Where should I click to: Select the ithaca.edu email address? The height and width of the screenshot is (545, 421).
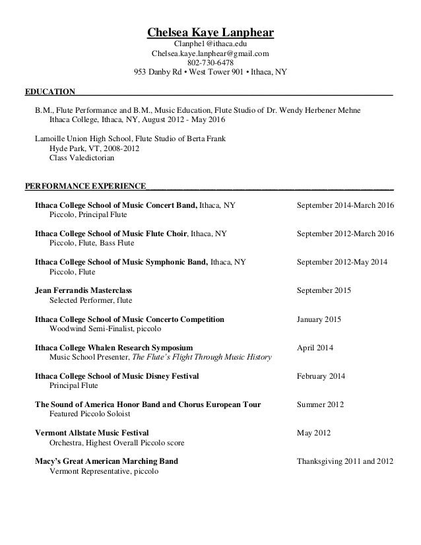[x=210, y=44]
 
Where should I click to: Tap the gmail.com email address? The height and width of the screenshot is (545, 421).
[x=210, y=53]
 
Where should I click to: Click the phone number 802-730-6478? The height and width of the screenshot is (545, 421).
[x=210, y=63]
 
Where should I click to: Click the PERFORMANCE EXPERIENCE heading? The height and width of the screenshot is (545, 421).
[x=85, y=186]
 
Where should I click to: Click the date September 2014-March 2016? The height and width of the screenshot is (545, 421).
[x=345, y=205]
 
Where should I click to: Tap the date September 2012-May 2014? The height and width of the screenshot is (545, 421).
[x=342, y=262]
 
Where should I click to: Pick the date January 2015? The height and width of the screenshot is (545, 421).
[x=319, y=319]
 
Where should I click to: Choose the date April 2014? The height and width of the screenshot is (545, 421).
[x=315, y=348]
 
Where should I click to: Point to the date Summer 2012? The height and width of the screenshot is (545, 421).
[x=320, y=404]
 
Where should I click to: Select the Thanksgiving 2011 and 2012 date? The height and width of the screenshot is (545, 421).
[x=345, y=461]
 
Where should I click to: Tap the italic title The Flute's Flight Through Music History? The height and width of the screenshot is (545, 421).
[x=202, y=357]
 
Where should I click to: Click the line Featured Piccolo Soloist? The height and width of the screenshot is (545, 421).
[x=90, y=414]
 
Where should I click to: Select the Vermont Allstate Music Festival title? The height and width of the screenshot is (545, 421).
[x=92, y=433]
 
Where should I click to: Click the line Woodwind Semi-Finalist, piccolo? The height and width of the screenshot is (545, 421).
[x=104, y=329]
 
